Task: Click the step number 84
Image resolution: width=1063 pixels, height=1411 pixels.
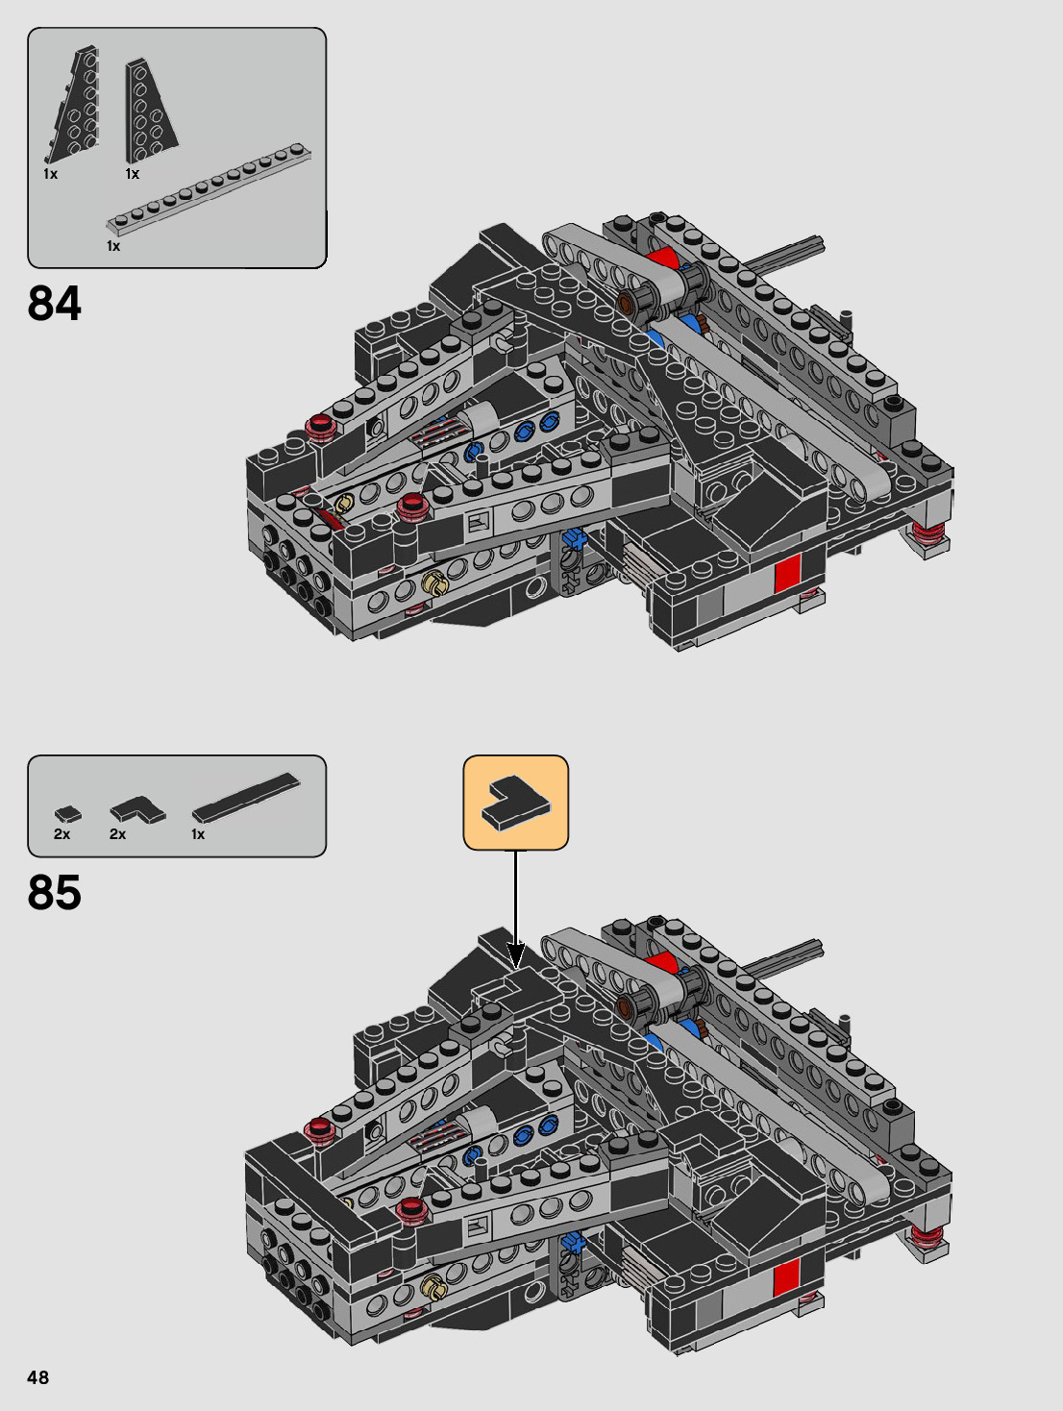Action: click(55, 304)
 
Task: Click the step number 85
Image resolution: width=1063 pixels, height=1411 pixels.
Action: click(55, 892)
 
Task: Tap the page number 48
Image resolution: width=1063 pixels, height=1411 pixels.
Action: click(37, 1377)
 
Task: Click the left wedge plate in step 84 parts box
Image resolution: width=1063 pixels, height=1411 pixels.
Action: click(74, 106)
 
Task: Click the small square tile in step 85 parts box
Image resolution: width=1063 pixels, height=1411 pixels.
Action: click(67, 814)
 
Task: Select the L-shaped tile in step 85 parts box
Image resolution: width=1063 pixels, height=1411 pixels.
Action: click(136, 810)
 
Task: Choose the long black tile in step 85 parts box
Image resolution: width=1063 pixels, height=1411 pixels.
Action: click(245, 798)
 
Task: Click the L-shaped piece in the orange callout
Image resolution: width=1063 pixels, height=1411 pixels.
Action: click(516, 802)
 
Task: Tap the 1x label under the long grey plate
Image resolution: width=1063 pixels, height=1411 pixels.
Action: click(113, 246)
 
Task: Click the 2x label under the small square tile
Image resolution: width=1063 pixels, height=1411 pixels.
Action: click(62, 834)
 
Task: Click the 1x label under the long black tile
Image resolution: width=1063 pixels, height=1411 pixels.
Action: click(198, 834)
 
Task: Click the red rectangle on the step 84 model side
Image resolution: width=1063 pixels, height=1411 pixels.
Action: click(787, 574)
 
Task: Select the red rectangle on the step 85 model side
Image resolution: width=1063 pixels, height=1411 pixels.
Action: click(786, 1276)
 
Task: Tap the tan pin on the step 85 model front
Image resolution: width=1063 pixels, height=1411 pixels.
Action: click(433, 1283)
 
